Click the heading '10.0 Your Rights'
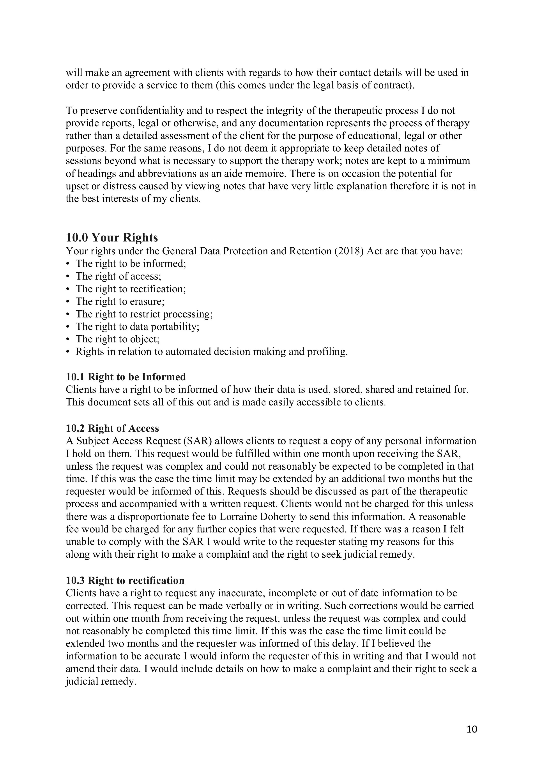click(x=112, y=238)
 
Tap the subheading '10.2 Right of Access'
click(x=112, y=428)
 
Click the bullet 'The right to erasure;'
click(x=120, y=301)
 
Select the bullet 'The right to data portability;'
click(x=138, y=326)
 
